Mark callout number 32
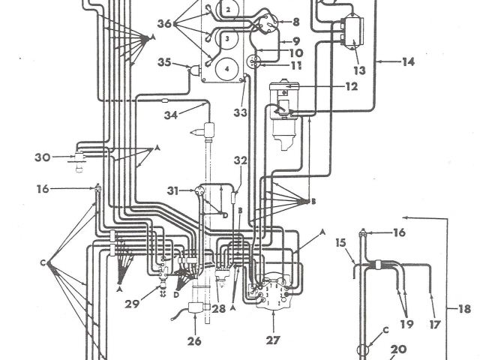[240, 160]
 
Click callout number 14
[407, 62]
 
